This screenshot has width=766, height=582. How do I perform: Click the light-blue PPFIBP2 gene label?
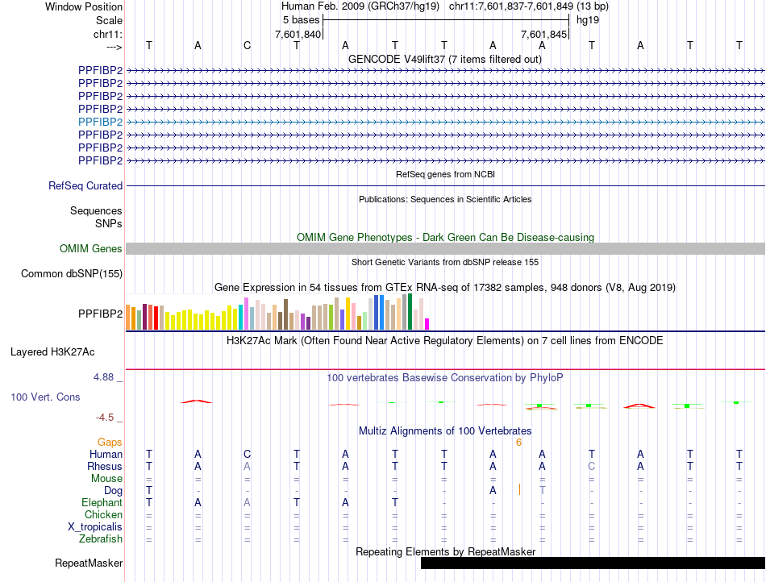point(100,122)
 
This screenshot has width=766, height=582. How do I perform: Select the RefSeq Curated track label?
point(85,185)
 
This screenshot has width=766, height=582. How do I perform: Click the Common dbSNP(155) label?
point(72,274)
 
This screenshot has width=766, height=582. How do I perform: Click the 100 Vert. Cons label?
point(45,397)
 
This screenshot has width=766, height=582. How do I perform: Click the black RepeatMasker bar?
point(593,563)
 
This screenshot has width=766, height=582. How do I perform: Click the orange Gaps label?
point(110,442)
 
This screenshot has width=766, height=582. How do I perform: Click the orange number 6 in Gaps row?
point(519,442)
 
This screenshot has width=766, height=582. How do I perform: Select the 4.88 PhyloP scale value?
point(106,376)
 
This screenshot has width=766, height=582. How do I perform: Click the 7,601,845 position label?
point(544,34)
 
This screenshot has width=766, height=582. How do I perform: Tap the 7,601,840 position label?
point(298,34)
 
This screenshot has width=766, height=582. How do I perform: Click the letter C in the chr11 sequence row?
point(248,45)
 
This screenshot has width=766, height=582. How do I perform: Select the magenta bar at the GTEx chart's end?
point(427,323)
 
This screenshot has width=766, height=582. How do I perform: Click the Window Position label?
point(84,6)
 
